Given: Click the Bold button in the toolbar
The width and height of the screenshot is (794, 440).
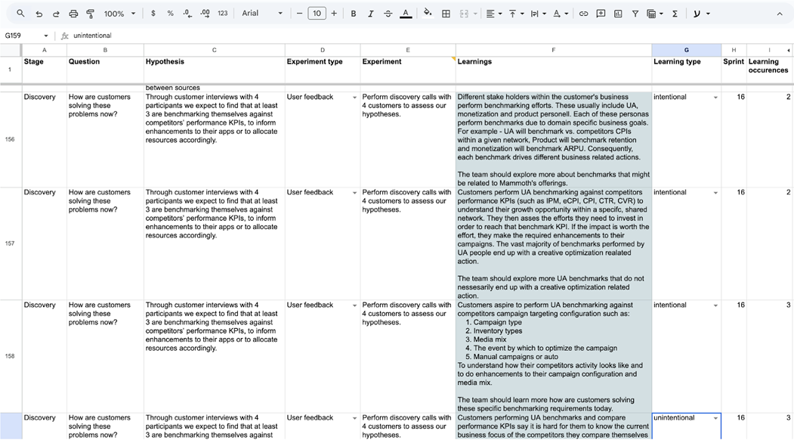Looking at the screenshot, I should pos(353,14).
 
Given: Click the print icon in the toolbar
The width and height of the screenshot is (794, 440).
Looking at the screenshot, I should pos(73,14).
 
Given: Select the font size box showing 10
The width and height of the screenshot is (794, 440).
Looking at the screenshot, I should pos(317,14).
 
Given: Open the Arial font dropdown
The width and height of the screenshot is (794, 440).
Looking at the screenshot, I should pos(262,14).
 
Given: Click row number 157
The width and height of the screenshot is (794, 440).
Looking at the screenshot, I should pos(10,243).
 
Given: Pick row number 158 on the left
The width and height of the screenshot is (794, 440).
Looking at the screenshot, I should pos(10,356).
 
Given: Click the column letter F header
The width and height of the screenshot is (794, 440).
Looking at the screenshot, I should pos(553,50).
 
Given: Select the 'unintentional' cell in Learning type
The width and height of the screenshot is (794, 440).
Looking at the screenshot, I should pos(680,418).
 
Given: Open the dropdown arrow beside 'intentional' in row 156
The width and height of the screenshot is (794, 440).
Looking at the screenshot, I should pos(715,98).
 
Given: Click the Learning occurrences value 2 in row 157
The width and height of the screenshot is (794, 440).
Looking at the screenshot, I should pos(788,193).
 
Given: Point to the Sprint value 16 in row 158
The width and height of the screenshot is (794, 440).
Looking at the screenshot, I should pos(740,305).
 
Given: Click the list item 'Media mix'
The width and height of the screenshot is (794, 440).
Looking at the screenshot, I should pos(490,339).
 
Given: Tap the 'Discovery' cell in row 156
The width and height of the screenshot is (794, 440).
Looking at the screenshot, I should pos(40,98).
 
